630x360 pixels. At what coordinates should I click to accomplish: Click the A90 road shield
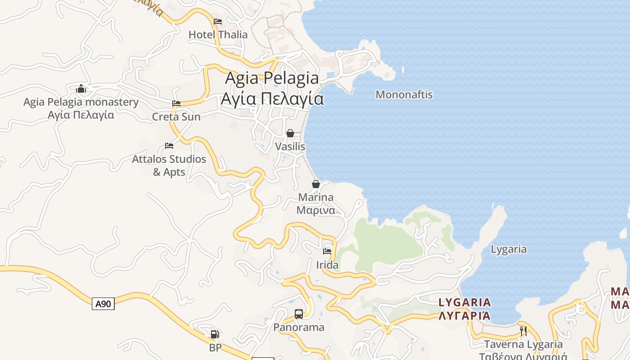click(x=103, y=304)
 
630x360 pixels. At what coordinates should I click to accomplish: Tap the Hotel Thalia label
click(x=218, y=35)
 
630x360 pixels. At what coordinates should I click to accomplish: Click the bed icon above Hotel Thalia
click(x=218, y=21)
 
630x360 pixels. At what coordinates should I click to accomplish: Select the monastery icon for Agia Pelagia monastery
click(x=81, y=89)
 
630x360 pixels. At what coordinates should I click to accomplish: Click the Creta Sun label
click(x=176, y=117)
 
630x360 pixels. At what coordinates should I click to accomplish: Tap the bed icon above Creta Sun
click(x=176, y=103)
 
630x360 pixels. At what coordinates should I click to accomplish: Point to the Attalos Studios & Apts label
click(x=169, y=165)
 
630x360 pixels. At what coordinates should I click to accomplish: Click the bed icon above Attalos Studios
click(x=169, y=145)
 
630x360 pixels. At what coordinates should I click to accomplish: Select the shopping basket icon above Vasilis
click(x=290, y=133)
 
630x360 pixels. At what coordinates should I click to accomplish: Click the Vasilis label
click(x=290, y=147)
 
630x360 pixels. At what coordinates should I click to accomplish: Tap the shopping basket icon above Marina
click(x=316, y=184)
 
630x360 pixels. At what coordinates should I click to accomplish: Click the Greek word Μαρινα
click(x=315, y=210)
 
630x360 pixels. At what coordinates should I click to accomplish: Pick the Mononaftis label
click(x=404, y=94)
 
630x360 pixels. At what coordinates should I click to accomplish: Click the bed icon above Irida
click(x=327, y=251)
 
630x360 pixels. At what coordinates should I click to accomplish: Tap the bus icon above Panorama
click(x=299, y=314)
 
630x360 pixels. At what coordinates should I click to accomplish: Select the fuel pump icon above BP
click(x=215, y=334)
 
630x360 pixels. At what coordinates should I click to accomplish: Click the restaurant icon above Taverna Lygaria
click(x=523, y=331)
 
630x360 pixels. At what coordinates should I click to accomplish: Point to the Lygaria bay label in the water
click(x=508, y=249)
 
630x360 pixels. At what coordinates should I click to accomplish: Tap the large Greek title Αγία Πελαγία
click(x=272, y=99)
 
